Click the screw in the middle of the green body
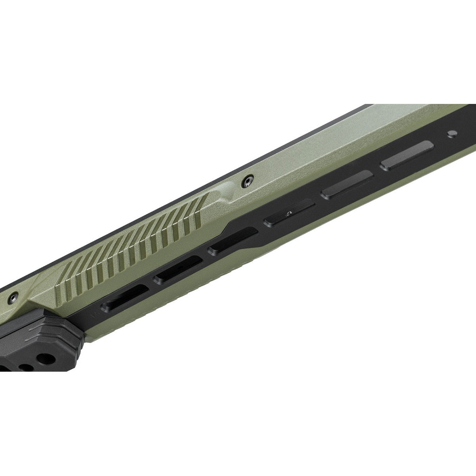coord(248,180)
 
